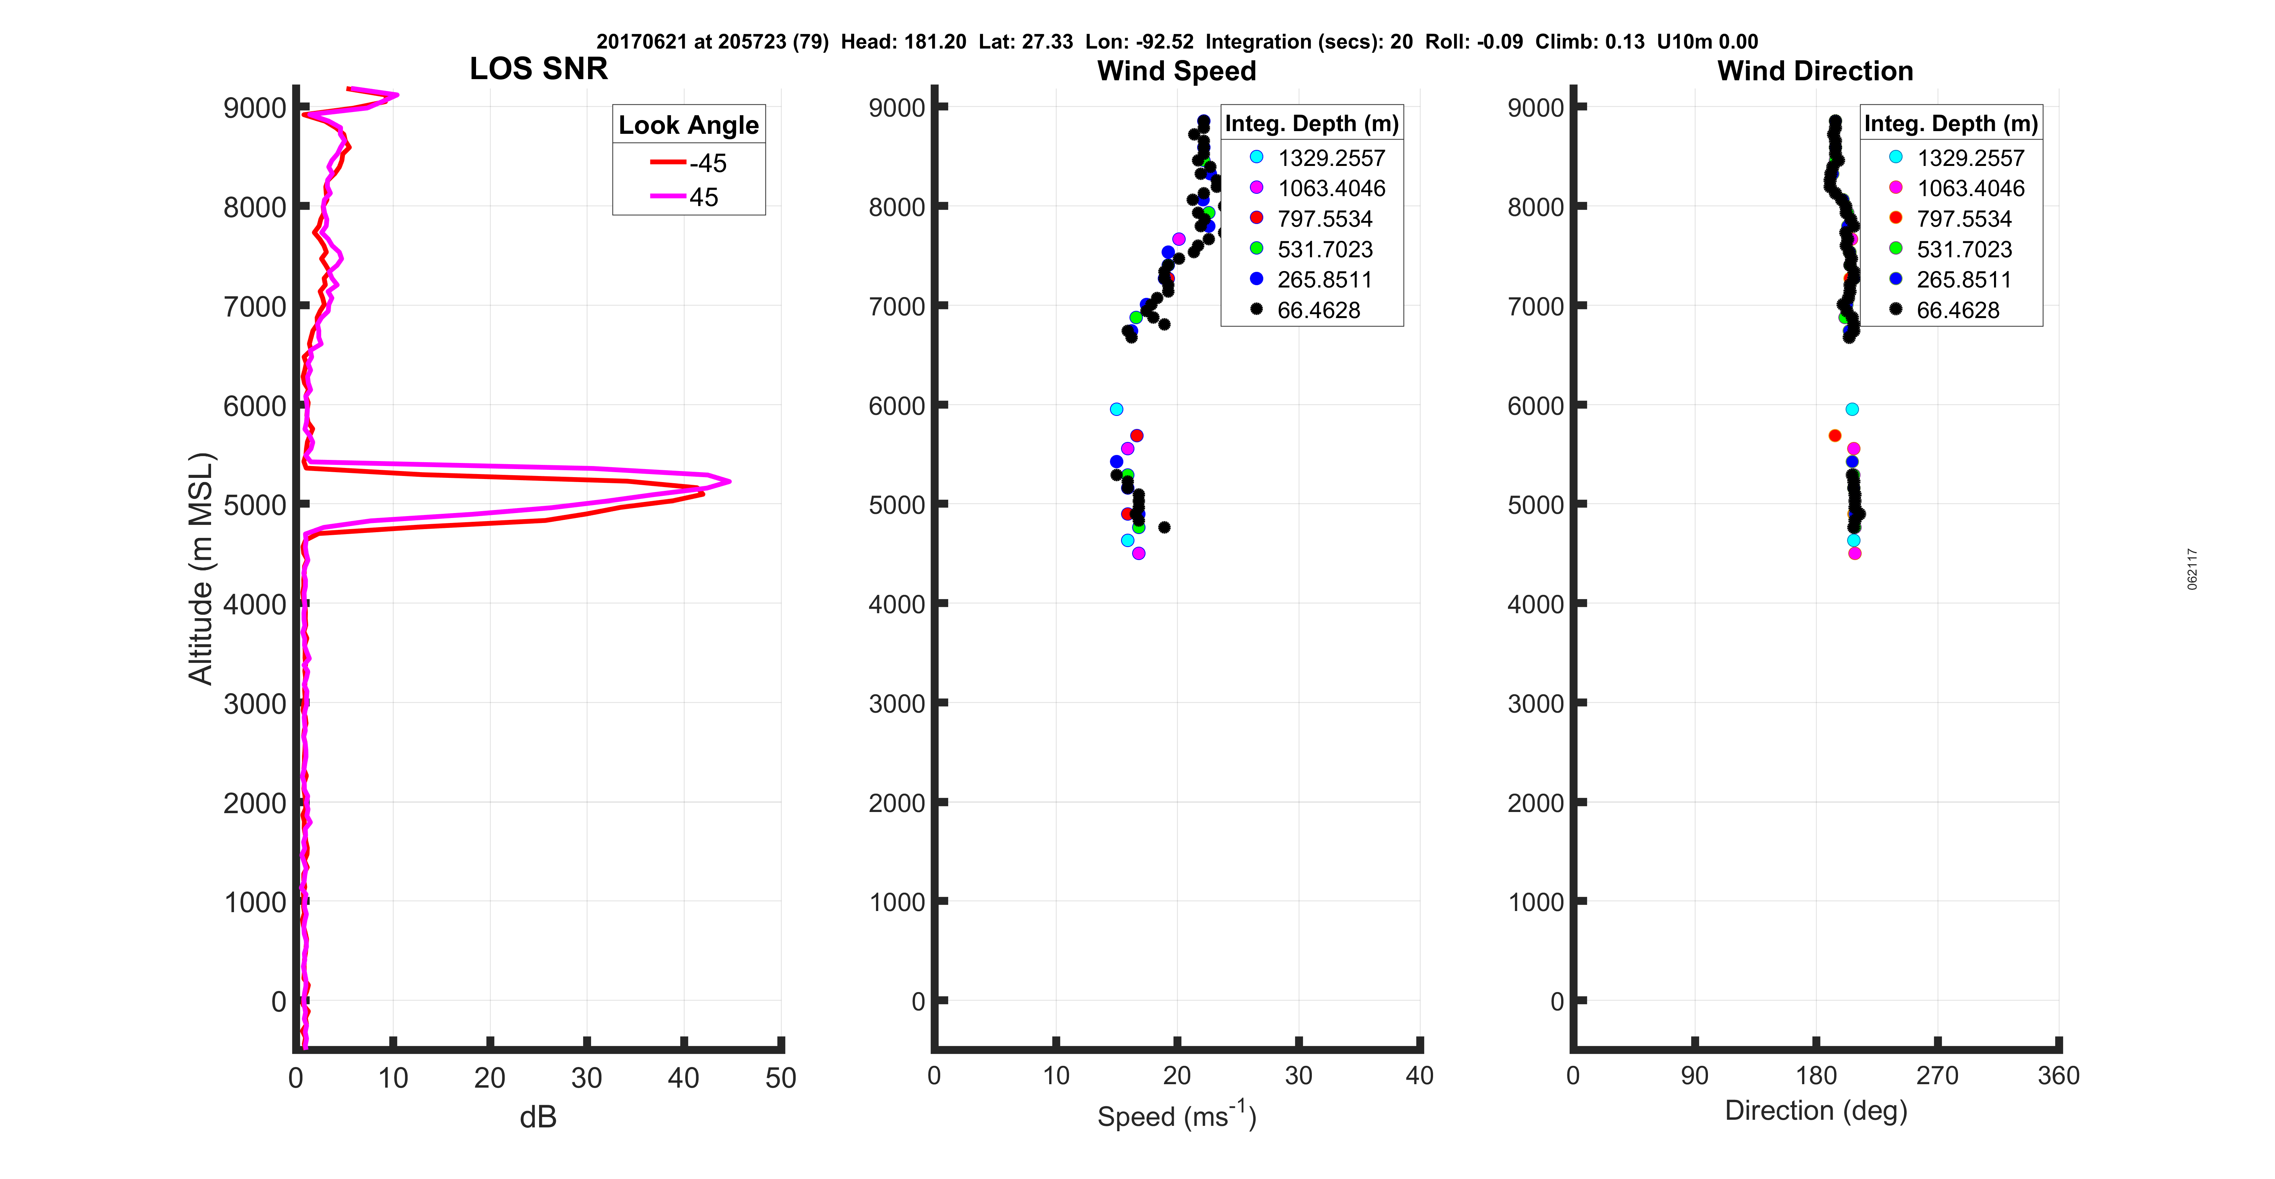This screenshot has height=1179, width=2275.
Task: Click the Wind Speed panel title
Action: pyautogui.click(x=1176, y=71)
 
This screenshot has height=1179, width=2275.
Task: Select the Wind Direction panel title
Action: pyautogui.click(x=1815, y=71)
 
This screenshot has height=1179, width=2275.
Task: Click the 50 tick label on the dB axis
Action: pyautogui.click(x=781, y=1077)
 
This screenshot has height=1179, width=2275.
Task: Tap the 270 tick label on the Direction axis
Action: pyautogui.click(x=1937, y=1076)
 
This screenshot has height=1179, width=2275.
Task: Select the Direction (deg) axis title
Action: pyautogui.click(x=1816, y=1110)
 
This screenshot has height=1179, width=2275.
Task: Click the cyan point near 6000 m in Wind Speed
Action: pyautogui.click(x=1116, y=409)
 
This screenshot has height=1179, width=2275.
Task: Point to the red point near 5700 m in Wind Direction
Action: pyautogui.click(x=1834, y=435)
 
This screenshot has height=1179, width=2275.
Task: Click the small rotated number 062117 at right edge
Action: pyautogui.click(x=2192, y=569)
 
